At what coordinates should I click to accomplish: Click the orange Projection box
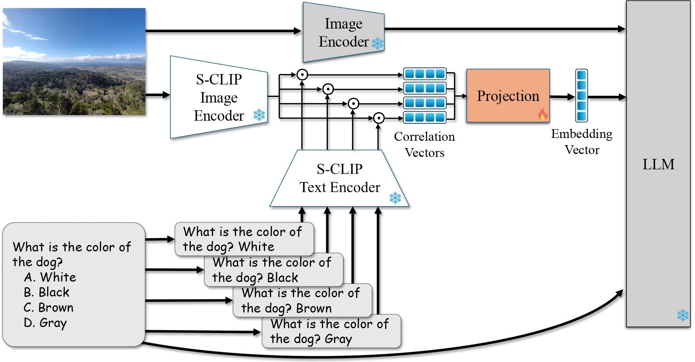[x=508, y=96]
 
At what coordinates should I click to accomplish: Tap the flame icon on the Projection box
[x=543, y=115]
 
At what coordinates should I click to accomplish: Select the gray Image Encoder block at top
[x=343, y=33]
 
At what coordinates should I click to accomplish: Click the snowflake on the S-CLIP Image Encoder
[x=259, y=115]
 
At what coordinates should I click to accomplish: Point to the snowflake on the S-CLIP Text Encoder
[x=395, y=198]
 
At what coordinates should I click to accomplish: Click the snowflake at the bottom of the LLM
[x=683, y=315]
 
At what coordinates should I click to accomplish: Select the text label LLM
[x=658, y=164]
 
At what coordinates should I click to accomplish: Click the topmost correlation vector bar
[x=425, y=74]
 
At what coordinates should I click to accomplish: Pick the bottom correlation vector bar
[x=425, y=117]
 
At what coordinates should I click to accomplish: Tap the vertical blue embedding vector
[x=581, y=96]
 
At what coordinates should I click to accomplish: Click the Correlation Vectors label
[x=424, y=144]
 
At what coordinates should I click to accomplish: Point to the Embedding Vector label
[x=581, y=142]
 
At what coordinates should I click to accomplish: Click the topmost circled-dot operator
[x=302, y=74]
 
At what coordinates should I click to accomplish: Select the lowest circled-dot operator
[x=378, y=118]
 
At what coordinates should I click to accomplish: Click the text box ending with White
[x=244, y=239]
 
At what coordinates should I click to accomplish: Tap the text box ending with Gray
[x=331, y=331]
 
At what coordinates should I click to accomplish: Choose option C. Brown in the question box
[x=48, y=308]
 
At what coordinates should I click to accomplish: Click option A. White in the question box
[x=50, y=277]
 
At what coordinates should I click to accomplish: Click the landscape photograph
[x=74, y=62]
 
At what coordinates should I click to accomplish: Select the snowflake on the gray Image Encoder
[x=378, y=43]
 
